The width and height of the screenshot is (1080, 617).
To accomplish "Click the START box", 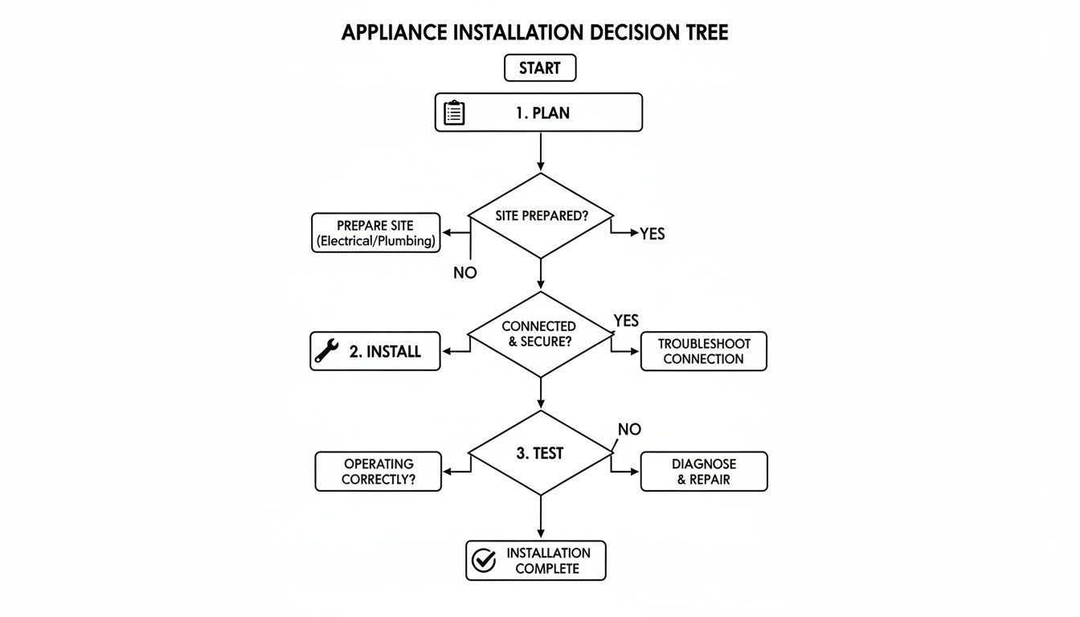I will [539, 68].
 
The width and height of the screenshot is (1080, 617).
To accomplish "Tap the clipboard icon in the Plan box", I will [454, 112].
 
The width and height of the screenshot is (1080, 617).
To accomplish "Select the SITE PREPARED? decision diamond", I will [540, 216].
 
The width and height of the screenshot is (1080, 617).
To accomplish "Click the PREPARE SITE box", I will [375, 233].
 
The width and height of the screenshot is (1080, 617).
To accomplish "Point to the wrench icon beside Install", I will [326, 351].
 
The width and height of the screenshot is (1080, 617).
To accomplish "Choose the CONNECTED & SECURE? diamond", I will [540, 334].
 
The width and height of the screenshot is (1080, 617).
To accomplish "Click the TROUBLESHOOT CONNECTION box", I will [703, 351].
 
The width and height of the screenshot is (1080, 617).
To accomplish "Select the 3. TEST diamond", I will [540, 453].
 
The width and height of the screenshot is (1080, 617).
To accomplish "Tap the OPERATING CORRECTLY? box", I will [378, 472].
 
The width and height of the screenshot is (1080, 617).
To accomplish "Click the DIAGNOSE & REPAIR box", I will [703, 472].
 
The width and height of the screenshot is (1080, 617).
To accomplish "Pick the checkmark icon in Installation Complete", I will [484, 561].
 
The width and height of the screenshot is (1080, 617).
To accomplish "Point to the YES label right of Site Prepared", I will [652, 235].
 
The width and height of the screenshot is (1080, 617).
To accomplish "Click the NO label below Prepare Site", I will [464, 273].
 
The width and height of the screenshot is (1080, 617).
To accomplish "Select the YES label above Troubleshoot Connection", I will [626, 321].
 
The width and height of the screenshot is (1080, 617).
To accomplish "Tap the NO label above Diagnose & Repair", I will [629, 430].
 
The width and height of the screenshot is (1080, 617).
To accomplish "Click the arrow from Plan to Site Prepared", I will [541, 152].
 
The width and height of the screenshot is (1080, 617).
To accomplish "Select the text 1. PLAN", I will [542, 113].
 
